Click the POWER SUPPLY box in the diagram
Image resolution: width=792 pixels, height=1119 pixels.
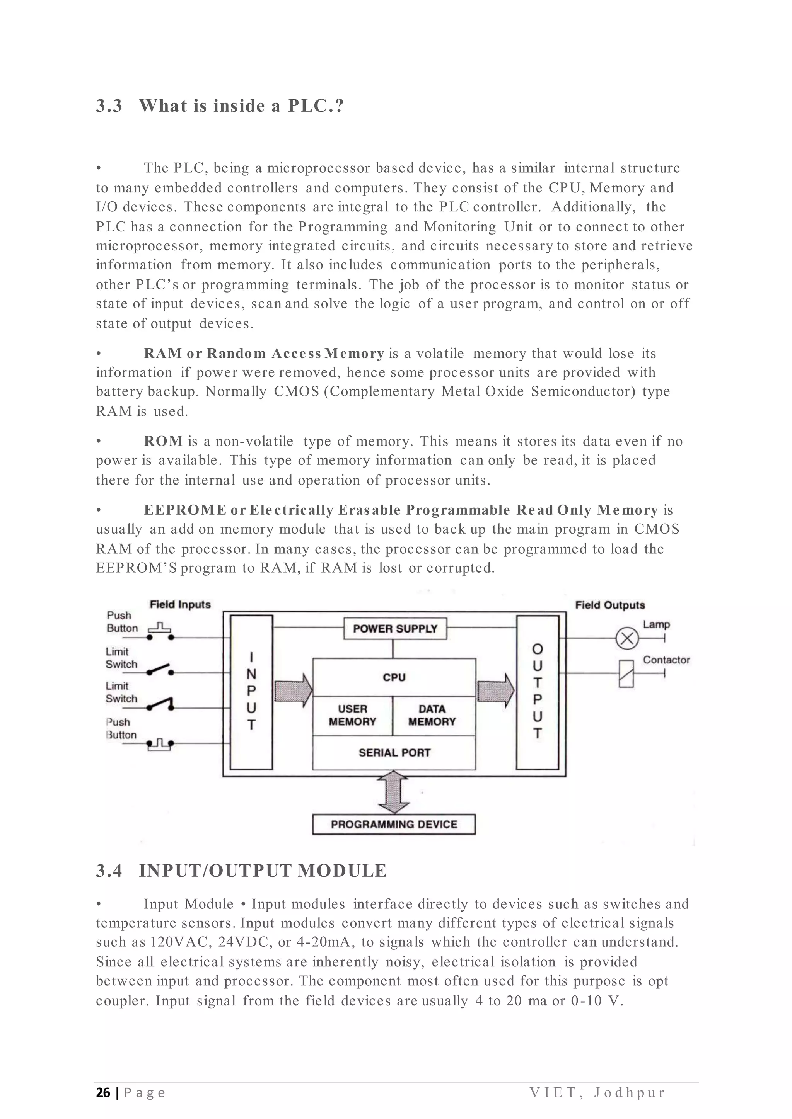coord(395,629)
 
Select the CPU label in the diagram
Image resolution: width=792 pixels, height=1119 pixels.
coord(394,677)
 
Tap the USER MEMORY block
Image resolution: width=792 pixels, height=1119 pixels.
coord(352,716)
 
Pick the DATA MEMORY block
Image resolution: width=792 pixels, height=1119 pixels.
coord(432,716)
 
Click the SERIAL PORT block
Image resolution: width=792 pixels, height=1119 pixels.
coord(394,753)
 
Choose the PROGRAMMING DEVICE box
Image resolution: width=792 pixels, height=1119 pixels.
coord(394,824)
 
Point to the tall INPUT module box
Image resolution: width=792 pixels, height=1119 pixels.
coord(251,692)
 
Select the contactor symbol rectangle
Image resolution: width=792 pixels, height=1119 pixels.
coord(626,673)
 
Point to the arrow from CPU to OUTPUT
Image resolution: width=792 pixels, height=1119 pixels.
coord(495,690)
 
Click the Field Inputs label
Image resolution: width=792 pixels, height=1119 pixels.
coord(180,605)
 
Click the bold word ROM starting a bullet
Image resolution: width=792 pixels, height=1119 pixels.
coord(163,442)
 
